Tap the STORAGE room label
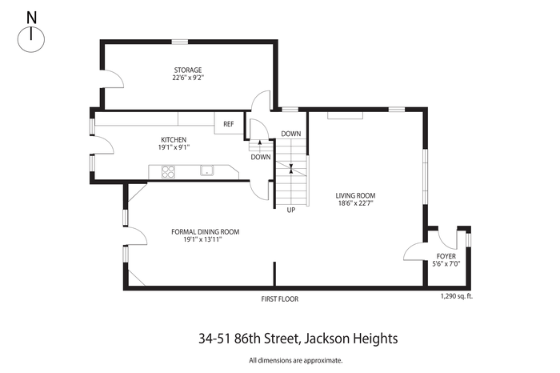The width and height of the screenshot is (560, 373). [x=188, y=70]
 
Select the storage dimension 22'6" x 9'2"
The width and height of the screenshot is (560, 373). [x=188, y=78]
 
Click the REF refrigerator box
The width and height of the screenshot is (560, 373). [x=229, y=123]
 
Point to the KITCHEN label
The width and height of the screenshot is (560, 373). [x=174, y=140]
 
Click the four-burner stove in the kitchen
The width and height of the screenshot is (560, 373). [x=169, y=171]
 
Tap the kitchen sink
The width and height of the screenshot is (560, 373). [x=206, y=170]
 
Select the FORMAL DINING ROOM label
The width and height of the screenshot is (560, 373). [x=206, y=232]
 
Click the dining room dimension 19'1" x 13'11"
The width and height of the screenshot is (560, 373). [x=203, y=240]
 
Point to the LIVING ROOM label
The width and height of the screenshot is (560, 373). [x=355, y=196]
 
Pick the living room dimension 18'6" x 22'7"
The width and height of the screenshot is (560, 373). [x=355, y=203]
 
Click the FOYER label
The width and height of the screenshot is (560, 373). [x=446, y=256]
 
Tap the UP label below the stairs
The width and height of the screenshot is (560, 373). [x=291, y=210]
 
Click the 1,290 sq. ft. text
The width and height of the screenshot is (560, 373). [x=457, y=296]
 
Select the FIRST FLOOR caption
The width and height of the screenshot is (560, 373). [x=280, y=299]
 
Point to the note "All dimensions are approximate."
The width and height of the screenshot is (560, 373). [x=296, y=360]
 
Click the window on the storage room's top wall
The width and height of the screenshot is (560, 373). [x=180, y=42]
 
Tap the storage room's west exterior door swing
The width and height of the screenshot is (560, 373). [x=114, y=79]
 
